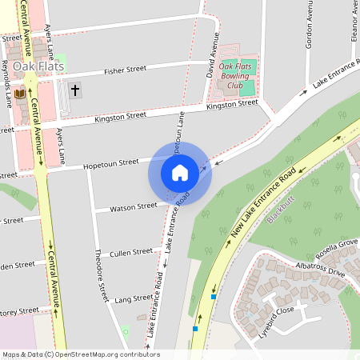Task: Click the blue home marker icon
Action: tap(180, 172)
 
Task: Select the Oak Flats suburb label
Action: tap(38, 66)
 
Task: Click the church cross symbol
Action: tap(75, 90)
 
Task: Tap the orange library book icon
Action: tap(20, 94)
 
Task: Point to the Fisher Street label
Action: tap(125, 70)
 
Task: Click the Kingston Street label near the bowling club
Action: tap(232, 104)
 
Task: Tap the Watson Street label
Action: tap(134, 206)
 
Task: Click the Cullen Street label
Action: tap(131, 252)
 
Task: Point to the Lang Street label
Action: tap(134, 298)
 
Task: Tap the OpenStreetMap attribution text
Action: tap(80, 354)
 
